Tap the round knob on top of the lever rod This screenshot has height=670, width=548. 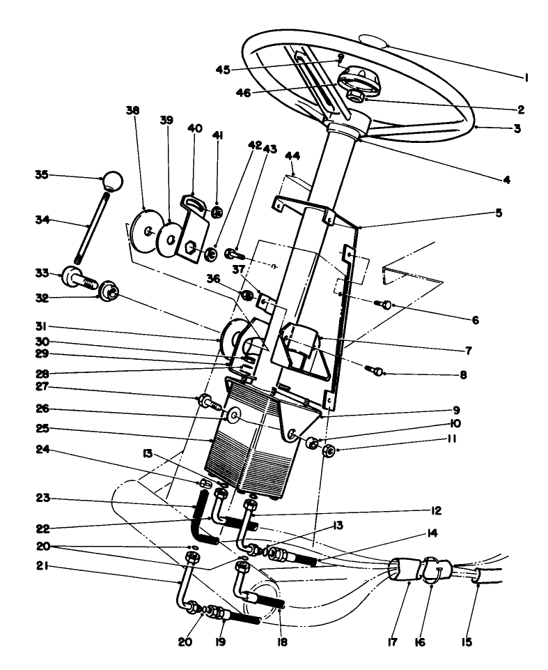(x=113, y=181)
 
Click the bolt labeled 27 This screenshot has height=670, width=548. (x=206, y=402)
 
